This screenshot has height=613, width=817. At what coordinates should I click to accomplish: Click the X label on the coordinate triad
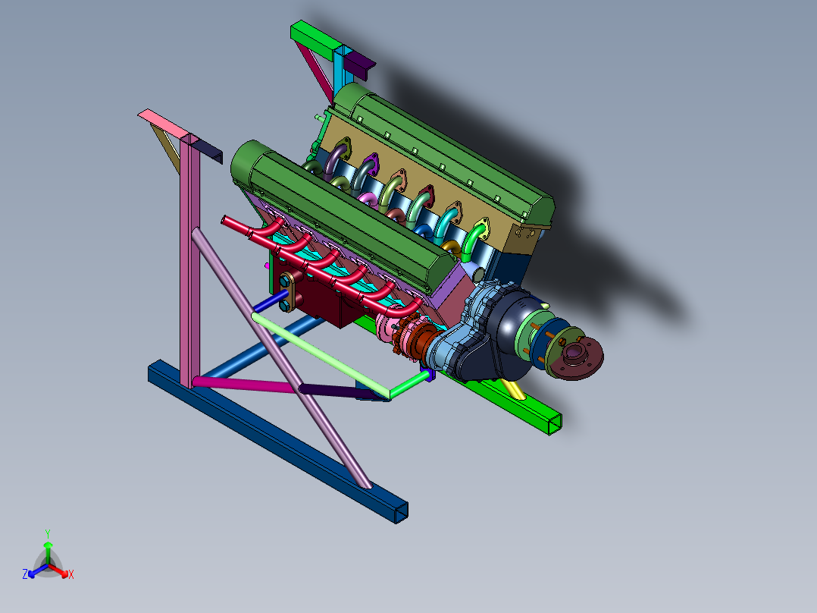pos(71,575)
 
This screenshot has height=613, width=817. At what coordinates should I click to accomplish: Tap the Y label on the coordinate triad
pos(47,533)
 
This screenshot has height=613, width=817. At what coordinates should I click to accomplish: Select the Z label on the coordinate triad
pos(25,575)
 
